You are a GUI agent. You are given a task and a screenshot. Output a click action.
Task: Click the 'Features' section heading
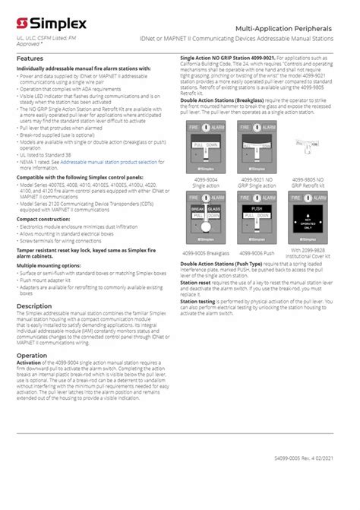(x=30, y=59)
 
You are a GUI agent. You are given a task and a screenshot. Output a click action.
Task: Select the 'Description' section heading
(x=34, y=306)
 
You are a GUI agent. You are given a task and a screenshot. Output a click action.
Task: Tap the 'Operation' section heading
(x=32, y=355)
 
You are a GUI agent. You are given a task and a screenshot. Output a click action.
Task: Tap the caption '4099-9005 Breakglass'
(x=205, y=253)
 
